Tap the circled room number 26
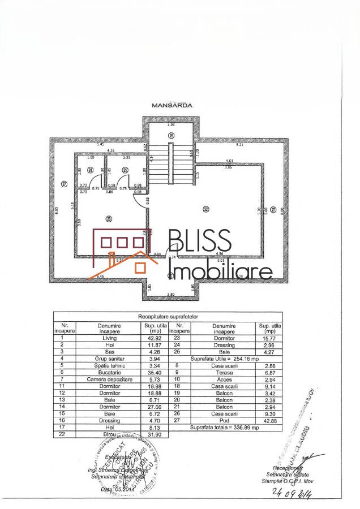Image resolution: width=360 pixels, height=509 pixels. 171,135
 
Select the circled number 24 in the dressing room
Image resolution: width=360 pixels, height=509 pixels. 91,171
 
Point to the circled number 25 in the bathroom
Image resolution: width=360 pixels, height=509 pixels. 125,170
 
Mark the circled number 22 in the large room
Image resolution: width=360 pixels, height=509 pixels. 205,210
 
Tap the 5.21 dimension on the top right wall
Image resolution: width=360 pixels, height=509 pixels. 239,145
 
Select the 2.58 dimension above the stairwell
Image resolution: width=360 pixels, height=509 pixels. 171,123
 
